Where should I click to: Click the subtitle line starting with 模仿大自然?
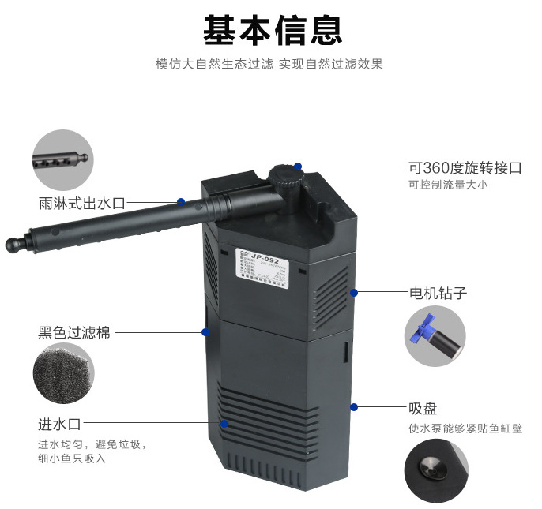[269, 64]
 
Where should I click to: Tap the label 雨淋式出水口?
[82, 203]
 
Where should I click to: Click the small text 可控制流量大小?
[448, 185]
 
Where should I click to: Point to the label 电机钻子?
[438, 293]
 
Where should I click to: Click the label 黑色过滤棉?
[74, 333]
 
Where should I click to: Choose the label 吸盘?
[423, 409]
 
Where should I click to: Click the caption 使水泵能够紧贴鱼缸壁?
[465, 429]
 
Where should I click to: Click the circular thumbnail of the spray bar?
[62, 159]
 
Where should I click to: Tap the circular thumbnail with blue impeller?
[434, 336]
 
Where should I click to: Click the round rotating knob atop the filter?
[288, 177]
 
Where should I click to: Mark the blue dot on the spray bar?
[181, 203]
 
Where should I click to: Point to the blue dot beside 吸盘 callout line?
[355, 408]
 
